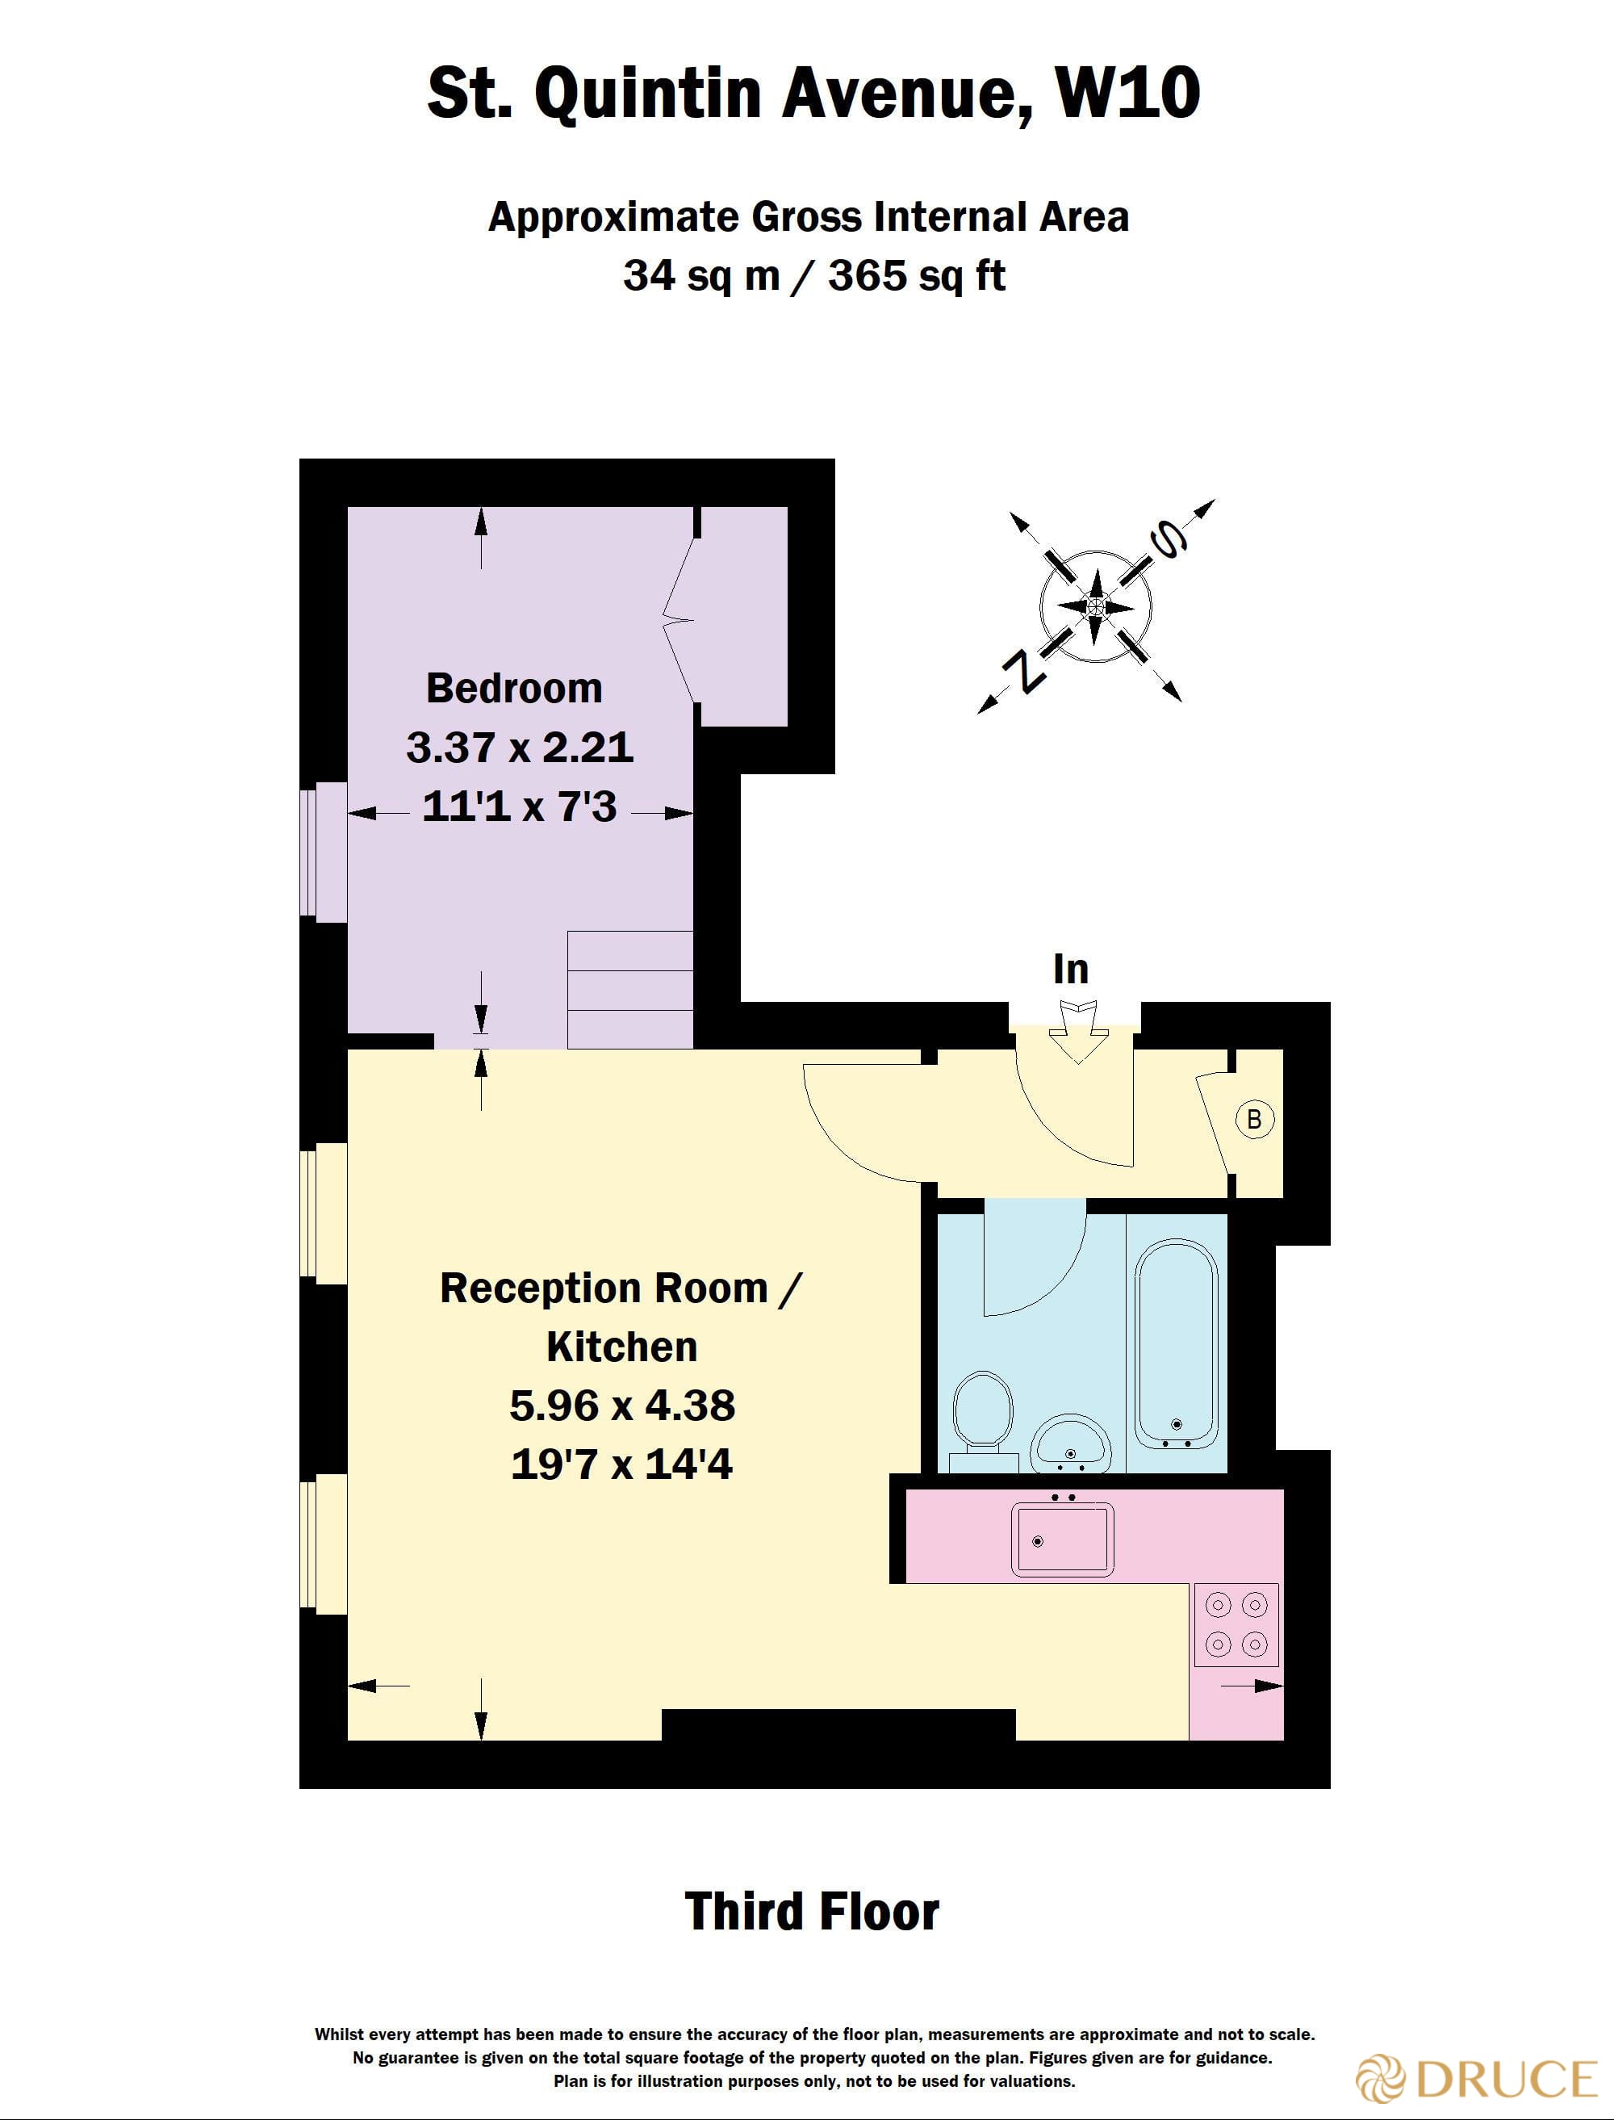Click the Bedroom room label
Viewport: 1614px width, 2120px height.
click(x=514, y=688)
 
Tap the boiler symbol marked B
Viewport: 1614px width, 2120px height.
click(x=1254, y=1119)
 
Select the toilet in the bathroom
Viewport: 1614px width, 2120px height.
click(x=983, y=1414)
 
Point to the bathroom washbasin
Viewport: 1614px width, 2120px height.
click(x=1070, y=1443)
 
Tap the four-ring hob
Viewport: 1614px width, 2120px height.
click(x=1236, y=1624)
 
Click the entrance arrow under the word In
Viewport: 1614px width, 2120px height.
click(x=1077, y=1031)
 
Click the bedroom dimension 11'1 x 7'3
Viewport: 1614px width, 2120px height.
click(x=519, y=807)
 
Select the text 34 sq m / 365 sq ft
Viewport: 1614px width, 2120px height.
click(x=813, y=276)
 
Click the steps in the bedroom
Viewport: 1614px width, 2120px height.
click(x=630, y=990)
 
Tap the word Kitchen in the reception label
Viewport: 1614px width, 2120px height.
click(x=621, y=1347)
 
